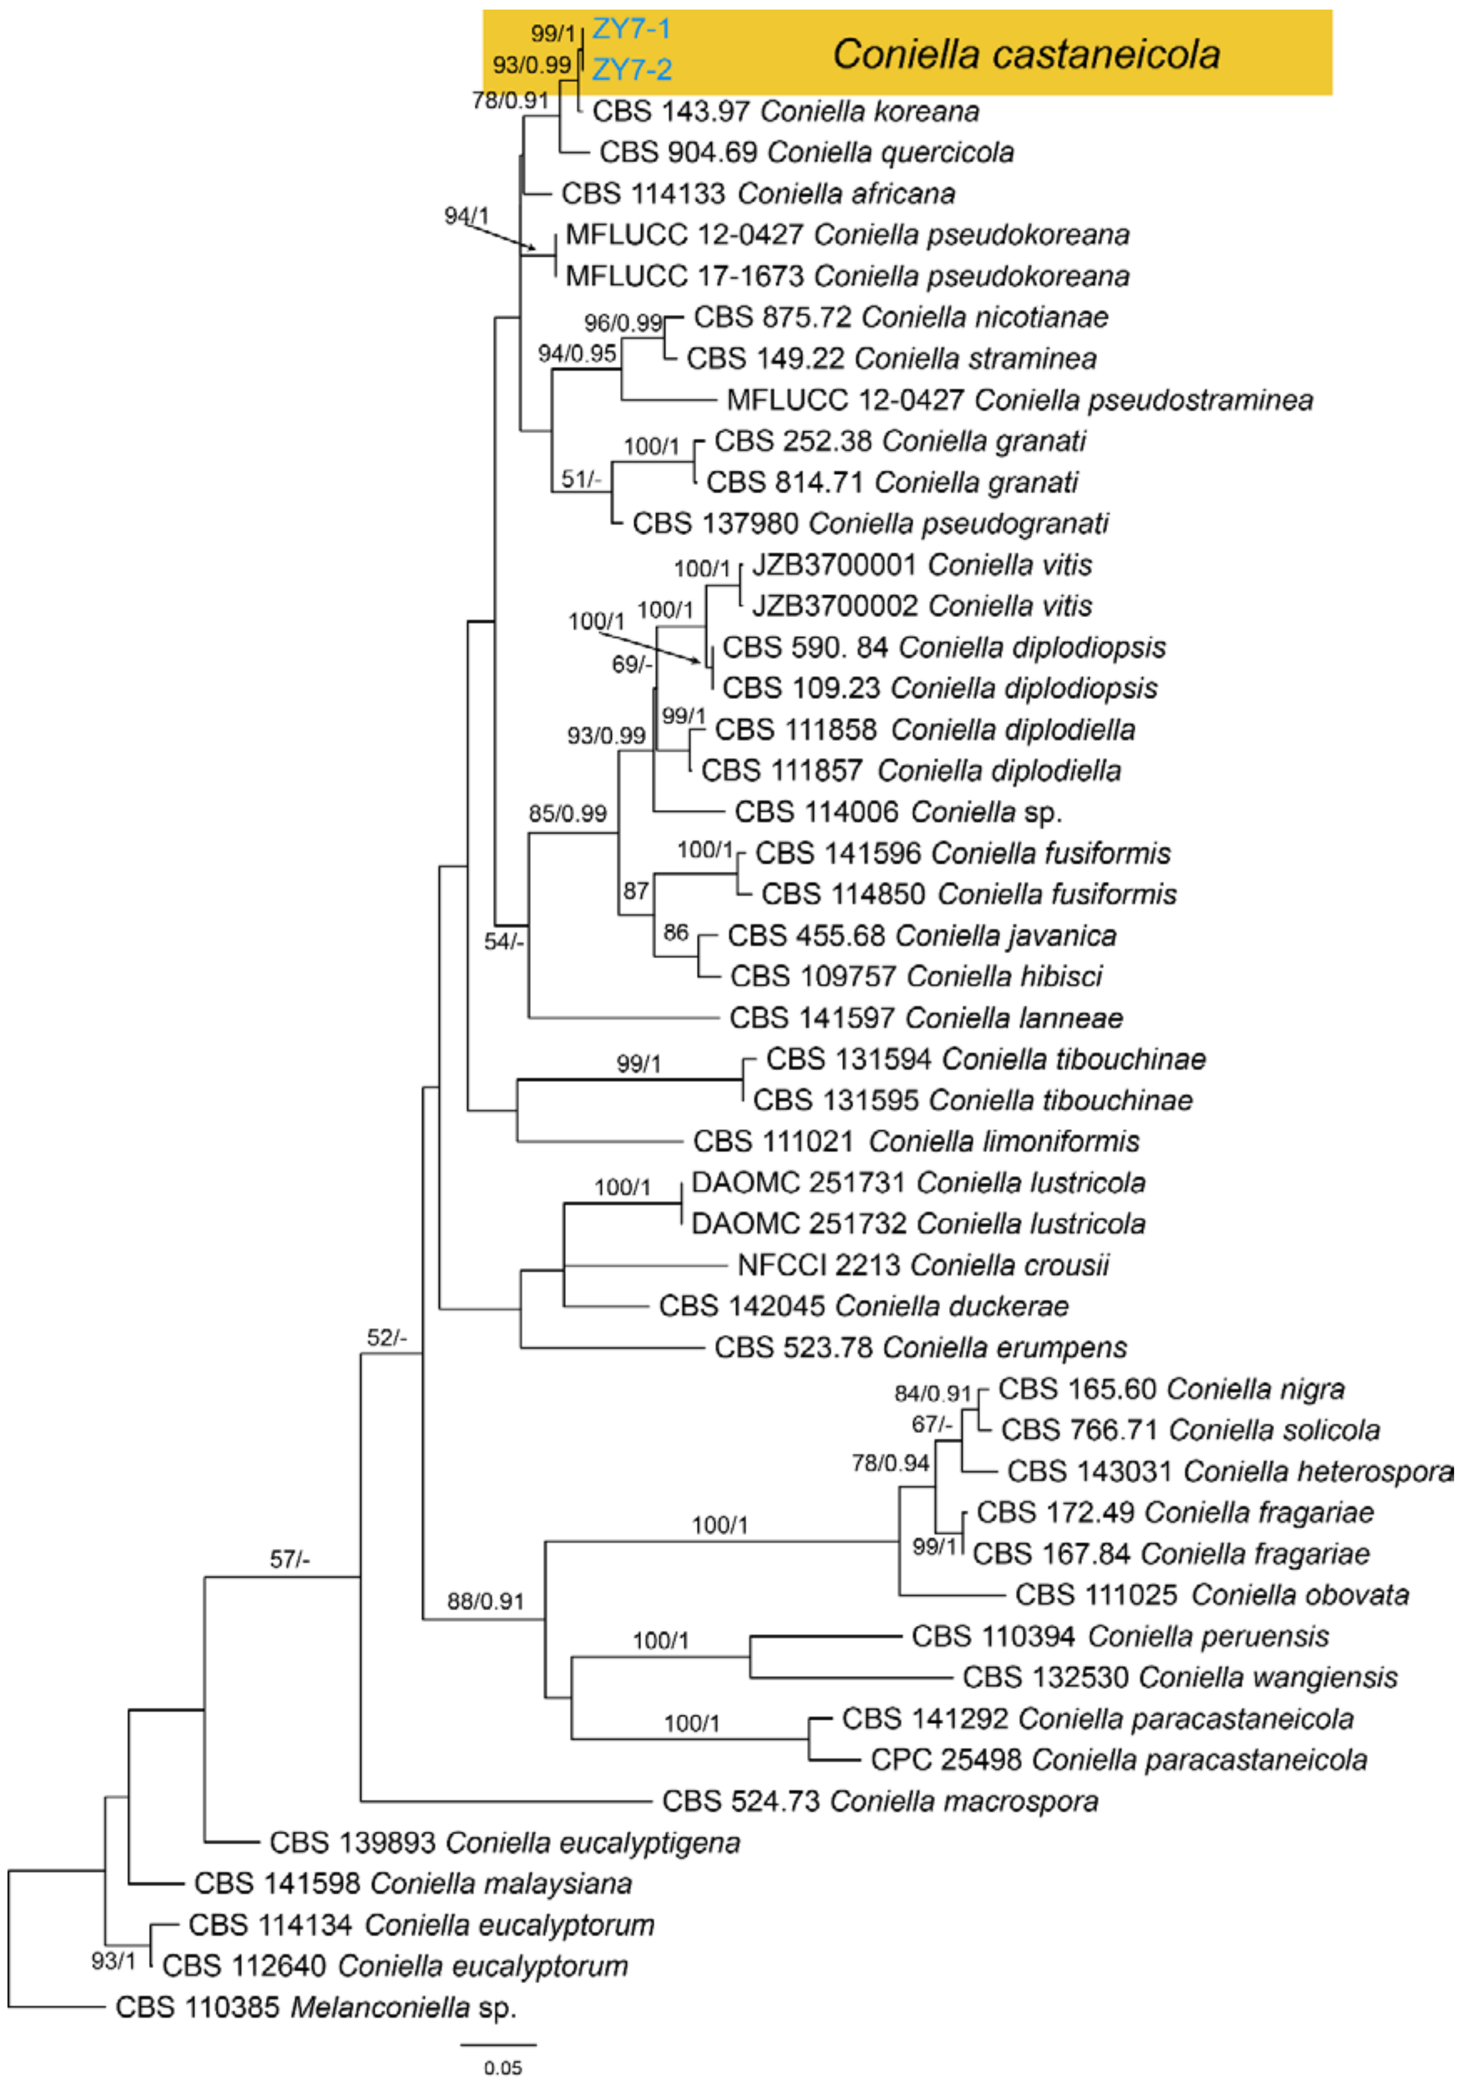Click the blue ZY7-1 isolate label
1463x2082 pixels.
click(x=632, y=30)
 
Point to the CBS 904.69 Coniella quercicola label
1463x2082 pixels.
click(x=807, y=152)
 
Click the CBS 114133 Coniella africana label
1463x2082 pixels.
click(x=758, y=193)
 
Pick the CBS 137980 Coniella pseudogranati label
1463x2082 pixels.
click(x=870, y=523)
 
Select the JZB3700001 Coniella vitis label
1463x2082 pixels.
click(x=922, y=565)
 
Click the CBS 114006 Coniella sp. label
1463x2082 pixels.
click(x=897, y=812)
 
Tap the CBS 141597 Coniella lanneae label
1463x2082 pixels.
click(x=925, y=1017)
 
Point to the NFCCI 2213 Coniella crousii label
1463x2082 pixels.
click(x=923, y=1265)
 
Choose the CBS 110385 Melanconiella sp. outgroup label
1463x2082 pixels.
click(x=316, y=2007)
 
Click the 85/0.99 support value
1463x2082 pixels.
click(x=567, y=813)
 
